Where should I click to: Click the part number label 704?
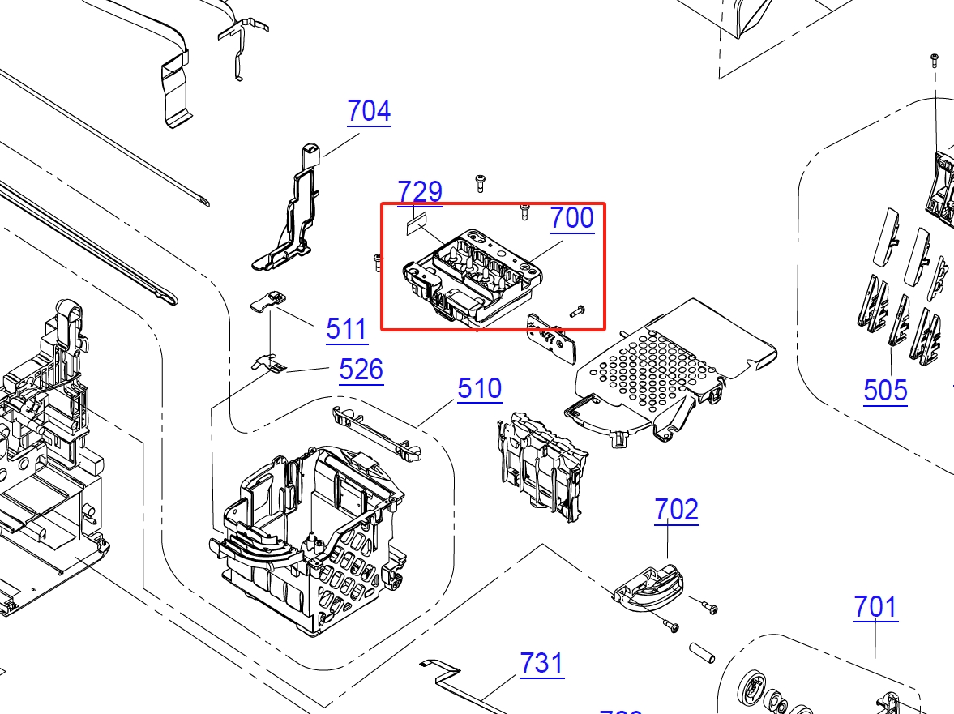click(369, 111)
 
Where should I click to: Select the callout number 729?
click(420, 192)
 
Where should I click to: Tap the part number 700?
click(571, 218)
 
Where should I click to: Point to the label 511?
click(347, 329)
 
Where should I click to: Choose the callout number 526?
click(361, 370)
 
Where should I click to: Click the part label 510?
click(479, 389)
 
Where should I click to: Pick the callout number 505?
click(885, 391)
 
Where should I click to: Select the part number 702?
click(676, 510)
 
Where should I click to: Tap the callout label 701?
click(875, 607)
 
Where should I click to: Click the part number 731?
click(541, 664)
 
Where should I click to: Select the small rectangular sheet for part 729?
click(416, 221)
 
